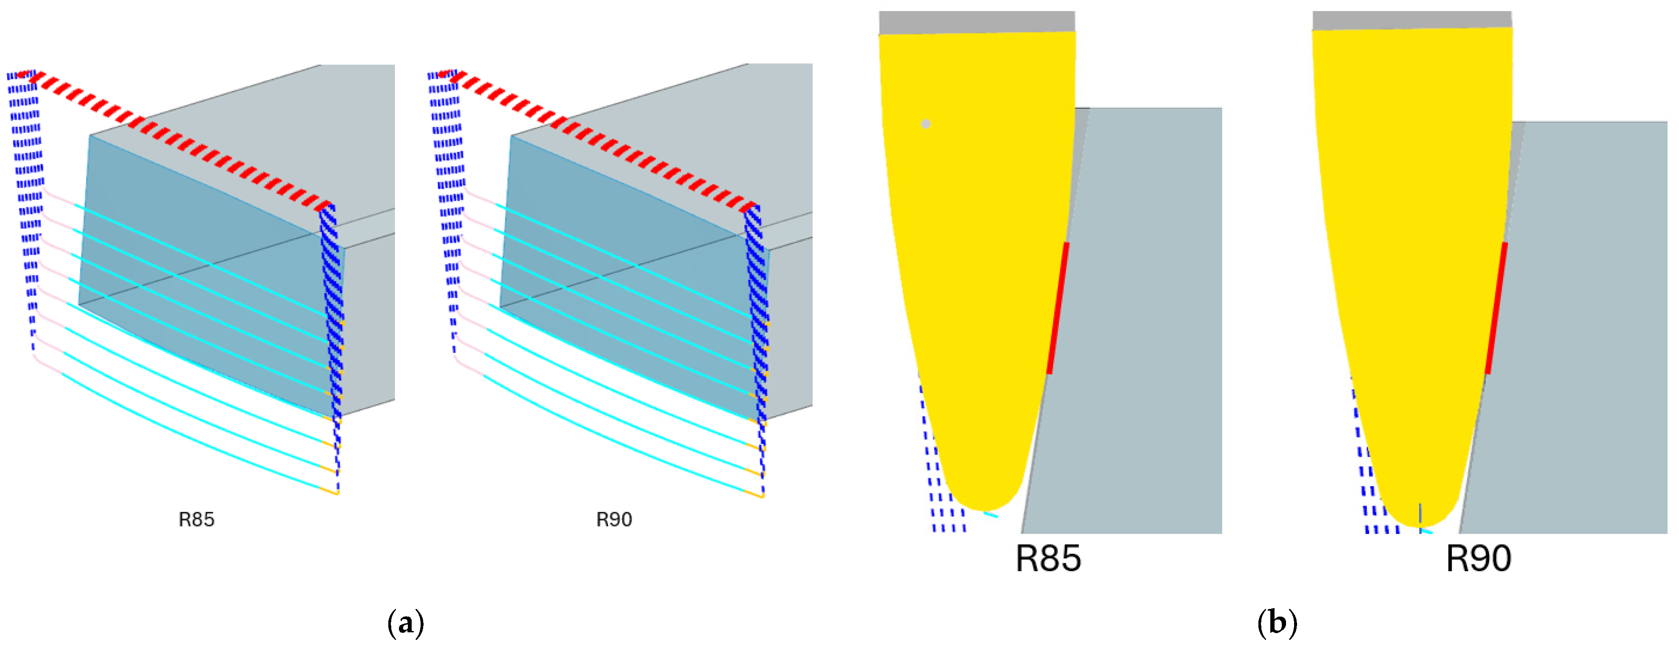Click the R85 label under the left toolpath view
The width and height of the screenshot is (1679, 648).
point(196,520)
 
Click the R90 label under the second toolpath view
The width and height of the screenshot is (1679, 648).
point(614,520)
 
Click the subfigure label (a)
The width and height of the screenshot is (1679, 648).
point(405,623)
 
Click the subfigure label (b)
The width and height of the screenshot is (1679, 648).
point(1277,623)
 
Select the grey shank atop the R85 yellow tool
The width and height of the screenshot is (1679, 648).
point(976,22)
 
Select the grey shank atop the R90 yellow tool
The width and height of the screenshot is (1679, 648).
point(1412,20)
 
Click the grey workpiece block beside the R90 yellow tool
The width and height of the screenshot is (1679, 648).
point(1584,325)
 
